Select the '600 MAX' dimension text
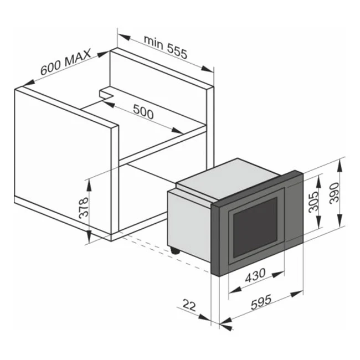(65, 65)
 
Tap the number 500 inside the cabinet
(142, 112)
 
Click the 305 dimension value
(313, 202)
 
